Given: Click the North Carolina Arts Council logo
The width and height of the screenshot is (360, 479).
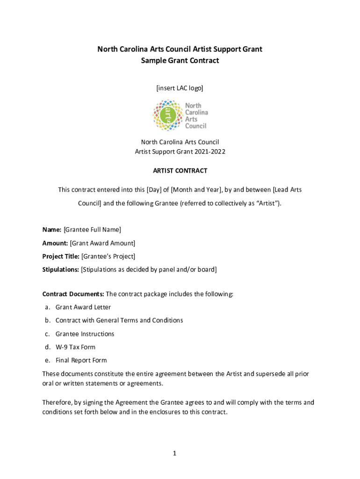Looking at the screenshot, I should pos(180,115).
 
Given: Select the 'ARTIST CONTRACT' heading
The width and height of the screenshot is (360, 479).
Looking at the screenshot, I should pos(180,171).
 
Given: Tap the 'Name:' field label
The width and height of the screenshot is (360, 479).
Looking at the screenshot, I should pos(51,230).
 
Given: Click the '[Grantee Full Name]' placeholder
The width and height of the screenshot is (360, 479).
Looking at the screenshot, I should pos(92,230).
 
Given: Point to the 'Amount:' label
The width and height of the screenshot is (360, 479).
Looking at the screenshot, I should pos(55,243).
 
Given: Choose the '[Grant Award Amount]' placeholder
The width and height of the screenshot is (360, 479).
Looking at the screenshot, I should pos(102,243).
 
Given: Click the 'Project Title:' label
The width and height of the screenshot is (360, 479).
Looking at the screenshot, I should pos(61,256).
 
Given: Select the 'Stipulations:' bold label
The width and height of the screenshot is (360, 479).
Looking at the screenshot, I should pos(61,269).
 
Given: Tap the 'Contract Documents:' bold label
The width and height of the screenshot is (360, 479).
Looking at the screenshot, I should pos(73,294).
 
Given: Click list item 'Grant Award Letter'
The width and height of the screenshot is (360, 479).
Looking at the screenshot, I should pos(83,307).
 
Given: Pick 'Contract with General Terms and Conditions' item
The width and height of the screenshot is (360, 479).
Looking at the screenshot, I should pos(119,320).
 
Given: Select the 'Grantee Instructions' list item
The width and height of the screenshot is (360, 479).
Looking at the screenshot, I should pos(85,334).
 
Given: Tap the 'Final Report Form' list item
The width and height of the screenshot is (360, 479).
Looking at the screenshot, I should pos(81,360).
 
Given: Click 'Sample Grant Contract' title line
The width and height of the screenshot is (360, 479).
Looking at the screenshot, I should pos(180,61).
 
